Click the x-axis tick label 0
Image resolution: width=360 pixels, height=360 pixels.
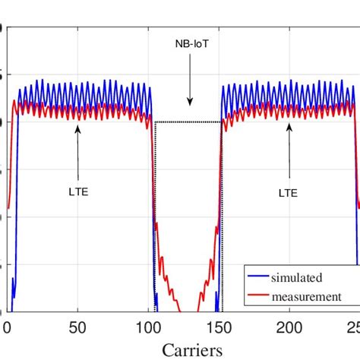point(8,327)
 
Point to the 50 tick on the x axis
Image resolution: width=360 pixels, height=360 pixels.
point(78,327)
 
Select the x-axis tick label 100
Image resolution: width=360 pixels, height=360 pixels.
point(148,327)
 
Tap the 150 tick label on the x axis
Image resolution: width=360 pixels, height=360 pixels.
point(219,327)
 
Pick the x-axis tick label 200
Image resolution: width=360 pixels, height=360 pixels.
point(289,327)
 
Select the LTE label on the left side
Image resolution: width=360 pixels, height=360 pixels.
point(78,192)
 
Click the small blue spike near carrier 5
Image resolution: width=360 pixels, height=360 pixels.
point(13,289)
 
